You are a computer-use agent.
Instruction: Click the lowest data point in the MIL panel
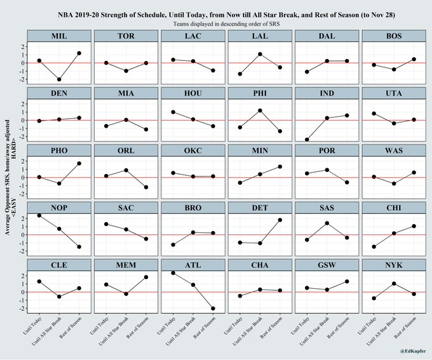(x=59, y=79)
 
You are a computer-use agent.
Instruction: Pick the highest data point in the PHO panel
(x=79, y=164)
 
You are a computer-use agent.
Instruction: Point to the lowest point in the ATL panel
(x=212, y=309)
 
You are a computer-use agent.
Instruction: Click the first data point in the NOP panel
(x=39, y=216)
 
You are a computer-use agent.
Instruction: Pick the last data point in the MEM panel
(x=145, y=277)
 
